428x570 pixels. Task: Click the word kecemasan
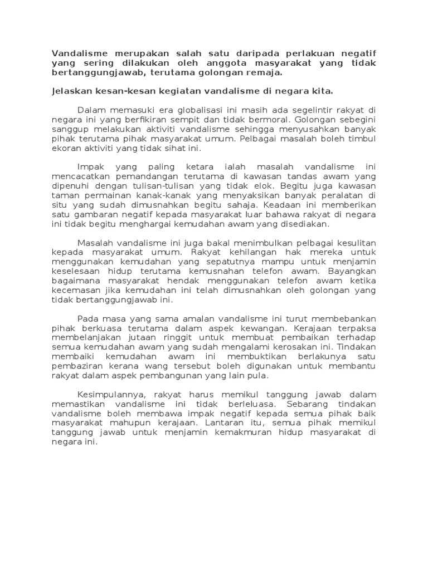(75, 291)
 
